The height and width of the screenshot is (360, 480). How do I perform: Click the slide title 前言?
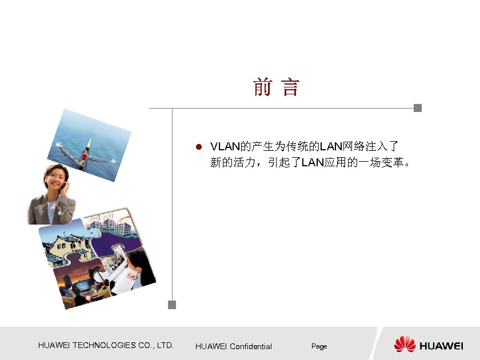pos(276,88)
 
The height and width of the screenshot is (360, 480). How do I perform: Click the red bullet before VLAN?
pos(198,146)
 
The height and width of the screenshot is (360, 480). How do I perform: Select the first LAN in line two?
pos(313,162)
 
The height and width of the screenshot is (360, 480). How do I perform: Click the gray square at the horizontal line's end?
pos(418,108)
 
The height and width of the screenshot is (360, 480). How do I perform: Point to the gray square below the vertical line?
pos(172,305)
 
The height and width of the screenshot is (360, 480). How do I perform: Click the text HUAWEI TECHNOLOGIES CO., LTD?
pos(106,345)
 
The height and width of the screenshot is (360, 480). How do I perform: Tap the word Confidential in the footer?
pos(251,346)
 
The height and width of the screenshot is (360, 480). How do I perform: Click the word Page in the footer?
pos(319,346)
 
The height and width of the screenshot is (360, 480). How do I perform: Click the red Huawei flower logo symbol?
pos(405,344)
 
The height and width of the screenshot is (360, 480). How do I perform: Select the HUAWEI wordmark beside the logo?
pos(442,345)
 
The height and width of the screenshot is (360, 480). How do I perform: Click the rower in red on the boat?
pos(85,154)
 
